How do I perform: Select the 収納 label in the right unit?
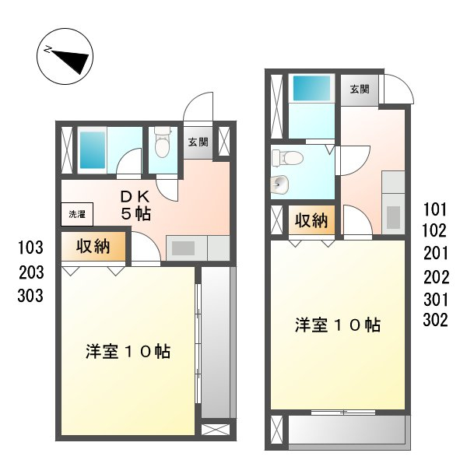pos(311,220)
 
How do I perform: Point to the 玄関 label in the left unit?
pos(198,142)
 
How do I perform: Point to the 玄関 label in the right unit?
pos(359,89)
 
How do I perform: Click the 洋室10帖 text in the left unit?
pos(128,351)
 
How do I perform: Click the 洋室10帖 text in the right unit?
pos(337,325)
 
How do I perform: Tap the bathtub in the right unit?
pos(311,89)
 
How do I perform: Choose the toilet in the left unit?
pos(162,146)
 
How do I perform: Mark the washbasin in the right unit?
pos(280,184)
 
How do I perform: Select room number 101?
pos(434,209)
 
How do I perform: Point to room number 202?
pos(434,276)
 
